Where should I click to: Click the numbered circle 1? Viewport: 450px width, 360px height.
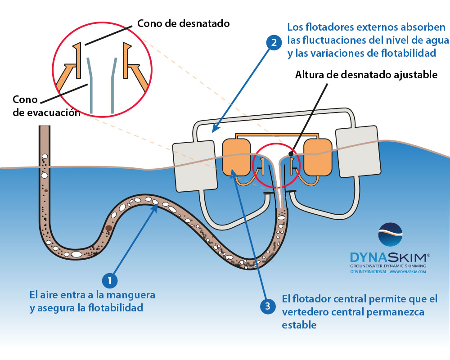point(109,280)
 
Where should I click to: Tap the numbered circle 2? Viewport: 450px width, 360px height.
point(272,43)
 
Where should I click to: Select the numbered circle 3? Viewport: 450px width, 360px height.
point(268,306)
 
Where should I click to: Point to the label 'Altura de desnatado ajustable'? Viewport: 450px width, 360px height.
point(366,75)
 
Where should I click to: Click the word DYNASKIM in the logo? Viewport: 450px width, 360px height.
point(390,257)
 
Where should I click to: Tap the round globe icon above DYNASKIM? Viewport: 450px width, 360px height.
point(390,235)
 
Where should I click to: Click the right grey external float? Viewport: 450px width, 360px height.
point(356,151)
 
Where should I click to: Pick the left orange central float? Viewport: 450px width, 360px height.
point(236,157)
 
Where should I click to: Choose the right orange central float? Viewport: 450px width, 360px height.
point(318,157)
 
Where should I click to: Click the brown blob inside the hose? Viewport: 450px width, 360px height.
point(108,229)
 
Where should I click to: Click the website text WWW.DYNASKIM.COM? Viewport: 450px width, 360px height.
point(408,272)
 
